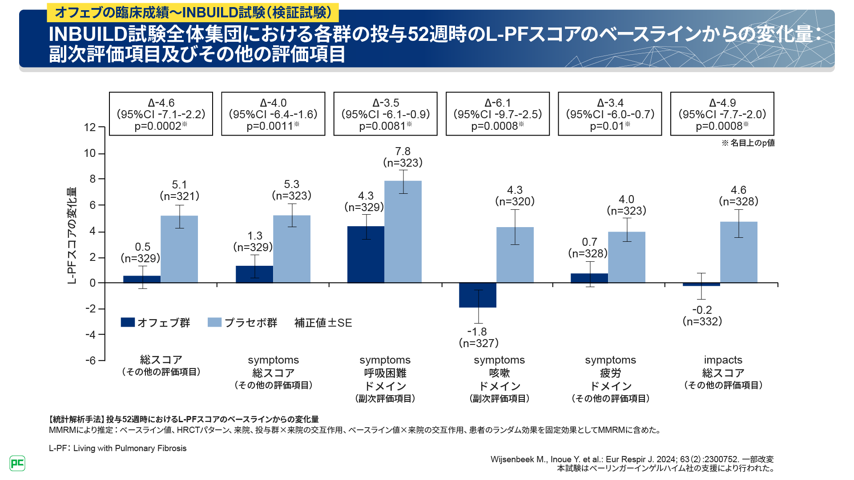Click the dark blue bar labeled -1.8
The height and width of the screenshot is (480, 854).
(x=477, y=295)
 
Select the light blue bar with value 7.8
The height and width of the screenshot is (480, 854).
(x=403, y=232)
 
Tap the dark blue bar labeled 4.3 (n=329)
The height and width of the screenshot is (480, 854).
(x=366, y=254)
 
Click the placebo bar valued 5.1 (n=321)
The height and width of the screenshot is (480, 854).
(x=179, y=249)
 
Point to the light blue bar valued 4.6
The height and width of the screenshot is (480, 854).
(x=738, y=252)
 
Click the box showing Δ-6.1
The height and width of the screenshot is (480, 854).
(x=498, y=114)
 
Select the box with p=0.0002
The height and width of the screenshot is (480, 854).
(x=161, y=114)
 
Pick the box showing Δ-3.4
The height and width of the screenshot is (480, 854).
(x=610, y=114)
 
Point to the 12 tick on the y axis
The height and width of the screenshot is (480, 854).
(x=90, y=128)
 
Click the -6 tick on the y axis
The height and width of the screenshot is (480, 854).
(x=90, y=360)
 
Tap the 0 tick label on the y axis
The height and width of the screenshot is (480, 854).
(x=93, y=283)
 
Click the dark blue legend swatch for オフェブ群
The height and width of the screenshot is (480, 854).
(x=128, y=322)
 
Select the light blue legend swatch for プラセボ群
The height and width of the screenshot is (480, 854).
(x=214, y=322)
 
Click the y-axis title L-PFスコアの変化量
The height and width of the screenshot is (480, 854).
(x=72, y=236)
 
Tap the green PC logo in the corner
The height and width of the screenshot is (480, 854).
(x=17, y=463)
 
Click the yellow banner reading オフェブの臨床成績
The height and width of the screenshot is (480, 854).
(x=193, y=12)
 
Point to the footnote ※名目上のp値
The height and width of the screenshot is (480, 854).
(x=748, y=143)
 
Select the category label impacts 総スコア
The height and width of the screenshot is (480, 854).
(x=723, y=366)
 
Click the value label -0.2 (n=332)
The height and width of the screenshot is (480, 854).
(x=702, y=316)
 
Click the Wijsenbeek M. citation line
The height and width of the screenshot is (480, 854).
(x=632, y=460)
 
